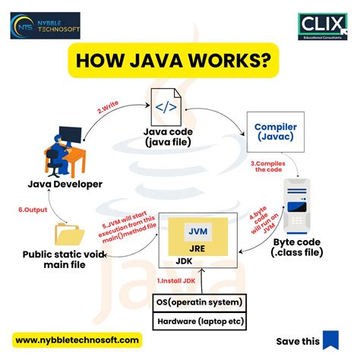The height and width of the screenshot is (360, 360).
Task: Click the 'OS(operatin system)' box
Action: pyautogui.click(x=199, y=302)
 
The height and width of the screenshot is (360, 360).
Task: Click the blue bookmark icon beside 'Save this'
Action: pyautogui.click(x=330, y=340)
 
